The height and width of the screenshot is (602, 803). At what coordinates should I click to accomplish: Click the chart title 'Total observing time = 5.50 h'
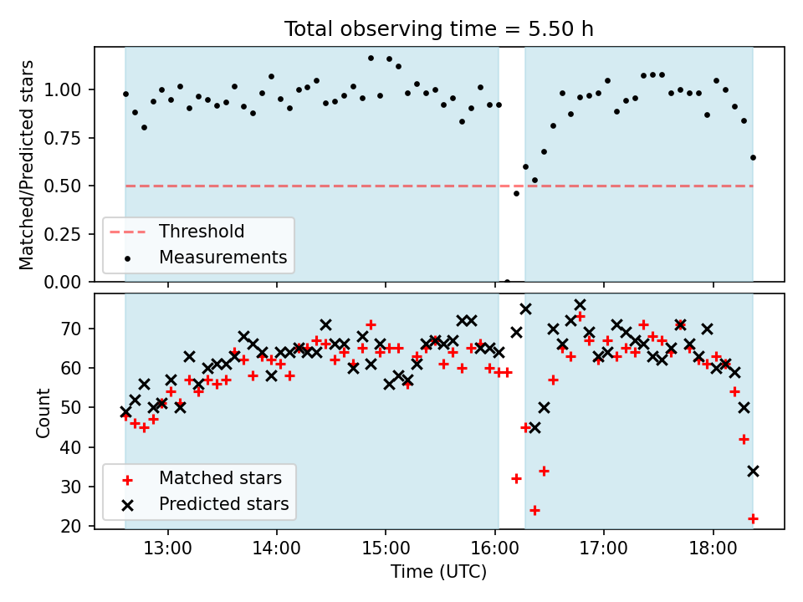pyautogui.click(x=439, y=28)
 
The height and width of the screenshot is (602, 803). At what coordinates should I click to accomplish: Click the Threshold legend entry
pyautogui.click(x=176, y=232)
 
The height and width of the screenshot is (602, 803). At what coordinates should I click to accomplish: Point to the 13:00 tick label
pyautogui.click(x=168, y=548)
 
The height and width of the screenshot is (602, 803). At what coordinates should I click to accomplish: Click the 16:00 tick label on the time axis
pyautogui.click(x=495, y=548)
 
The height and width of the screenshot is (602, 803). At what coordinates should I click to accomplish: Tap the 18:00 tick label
pyautogui.click(x=713, y=548)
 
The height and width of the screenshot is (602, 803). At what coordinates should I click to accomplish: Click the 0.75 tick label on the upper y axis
pyautogui.click(x=63, y=138)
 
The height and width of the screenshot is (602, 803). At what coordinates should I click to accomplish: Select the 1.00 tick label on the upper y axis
pyautogui.click(x=63, y=90)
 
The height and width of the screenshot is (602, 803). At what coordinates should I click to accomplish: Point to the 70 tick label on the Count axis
pyautogui.click(x=71, y=329)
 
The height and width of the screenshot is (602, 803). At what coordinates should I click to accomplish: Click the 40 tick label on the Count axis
pyautogui.click(x=71, y=447)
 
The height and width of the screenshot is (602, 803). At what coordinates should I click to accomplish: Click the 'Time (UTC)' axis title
pyautogui.click(x=439, y=572)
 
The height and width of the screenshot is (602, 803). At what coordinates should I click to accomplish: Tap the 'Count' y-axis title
pyautogui.click(x=43, y=413)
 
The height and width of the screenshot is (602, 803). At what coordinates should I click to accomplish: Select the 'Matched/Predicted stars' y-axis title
pyautogui.click(x=27, y=165)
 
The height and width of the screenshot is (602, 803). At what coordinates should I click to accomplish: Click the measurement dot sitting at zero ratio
pyautogui.click(x=507, y=282)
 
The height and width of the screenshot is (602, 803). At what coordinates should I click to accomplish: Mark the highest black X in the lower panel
pyautogui.click(x=581, y=305)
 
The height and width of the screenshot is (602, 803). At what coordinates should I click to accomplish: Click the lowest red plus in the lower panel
pyautogui.click(x=753, y=518)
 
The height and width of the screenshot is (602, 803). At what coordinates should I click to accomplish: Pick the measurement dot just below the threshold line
pyautogui.click(x=516, y=193)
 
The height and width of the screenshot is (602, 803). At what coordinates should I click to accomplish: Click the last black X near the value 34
pyautogui.click(x=753, y=472)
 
